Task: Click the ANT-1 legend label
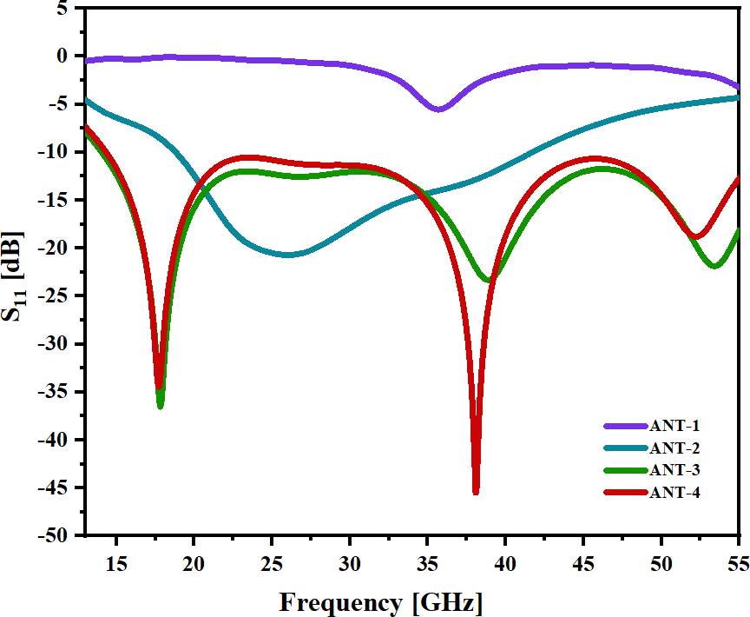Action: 674,426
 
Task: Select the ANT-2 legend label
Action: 674,448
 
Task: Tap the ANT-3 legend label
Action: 674,470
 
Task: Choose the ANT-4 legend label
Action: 674,493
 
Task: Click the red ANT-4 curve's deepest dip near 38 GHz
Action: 476,491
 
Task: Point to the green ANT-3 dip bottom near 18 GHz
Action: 160,405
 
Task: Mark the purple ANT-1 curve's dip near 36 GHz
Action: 438,109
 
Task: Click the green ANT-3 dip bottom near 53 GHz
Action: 714,266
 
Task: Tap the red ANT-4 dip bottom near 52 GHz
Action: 695,236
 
